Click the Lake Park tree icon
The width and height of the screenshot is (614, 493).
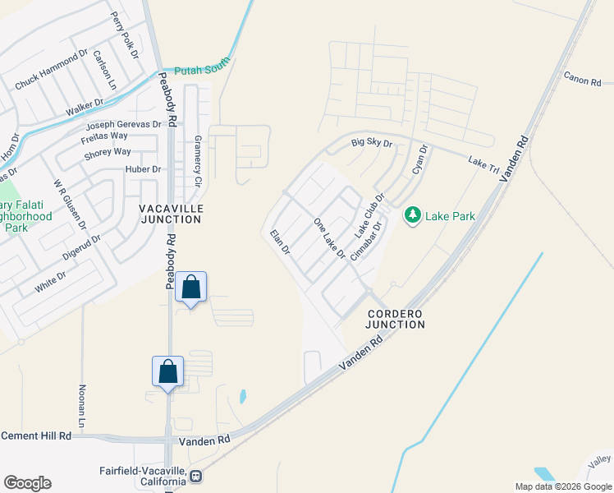[x=412, y=215]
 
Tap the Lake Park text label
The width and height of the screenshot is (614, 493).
[x=451, y=216]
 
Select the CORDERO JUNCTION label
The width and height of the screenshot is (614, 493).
[x=396, y=319]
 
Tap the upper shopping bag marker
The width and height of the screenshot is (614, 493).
[x=190, y=288]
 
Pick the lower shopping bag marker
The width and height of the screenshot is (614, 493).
[x=168, y=371]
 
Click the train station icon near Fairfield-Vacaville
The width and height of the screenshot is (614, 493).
[x=196, y=476]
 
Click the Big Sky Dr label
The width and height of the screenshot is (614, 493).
[x=373, y=144]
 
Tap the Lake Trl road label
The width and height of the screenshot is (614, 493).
[x=483, y=164]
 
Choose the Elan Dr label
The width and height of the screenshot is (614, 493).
[x=281, y=243]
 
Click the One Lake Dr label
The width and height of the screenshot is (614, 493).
[x=330, y=239]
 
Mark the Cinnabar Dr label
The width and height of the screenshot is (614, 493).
[x=367, y=240]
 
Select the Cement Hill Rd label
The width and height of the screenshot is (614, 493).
[x=36, y=435]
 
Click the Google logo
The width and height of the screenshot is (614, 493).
[x=27, y=482]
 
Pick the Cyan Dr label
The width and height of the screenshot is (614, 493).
[x=420, y=162]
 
